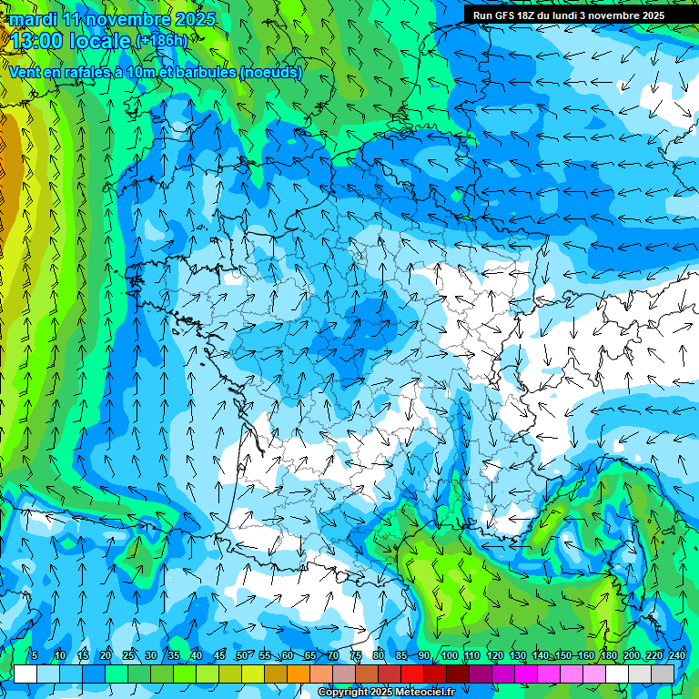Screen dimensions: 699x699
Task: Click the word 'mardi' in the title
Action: point(34,19)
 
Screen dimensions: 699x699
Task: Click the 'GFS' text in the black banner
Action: point(506,15)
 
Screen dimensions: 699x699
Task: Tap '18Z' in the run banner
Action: point(532,15)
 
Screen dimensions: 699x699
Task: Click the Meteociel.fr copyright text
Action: point(385,693)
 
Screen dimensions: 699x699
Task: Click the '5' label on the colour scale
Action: point(35,655)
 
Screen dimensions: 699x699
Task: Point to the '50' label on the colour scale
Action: point(242,655)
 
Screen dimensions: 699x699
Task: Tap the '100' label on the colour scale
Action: point(450,655)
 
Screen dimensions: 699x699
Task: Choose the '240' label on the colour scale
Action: point(677,655)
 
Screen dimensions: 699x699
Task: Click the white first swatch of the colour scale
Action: point(25,674)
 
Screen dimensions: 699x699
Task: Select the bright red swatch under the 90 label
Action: point(412,674)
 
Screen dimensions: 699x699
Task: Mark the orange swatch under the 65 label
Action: point(299,674)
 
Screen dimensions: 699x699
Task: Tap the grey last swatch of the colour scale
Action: point(663,674)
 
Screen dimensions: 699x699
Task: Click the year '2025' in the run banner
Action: point(650,15)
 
